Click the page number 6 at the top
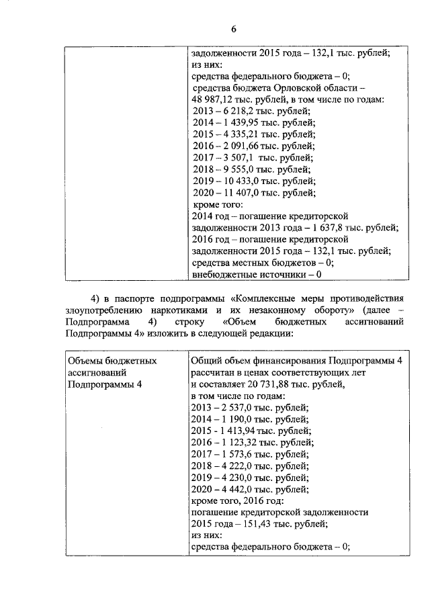(x=234, y=29)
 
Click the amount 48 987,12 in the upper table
(x=214, y=99)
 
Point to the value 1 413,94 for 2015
(x=239, y=431)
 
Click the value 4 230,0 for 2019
(x=236, y=477)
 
